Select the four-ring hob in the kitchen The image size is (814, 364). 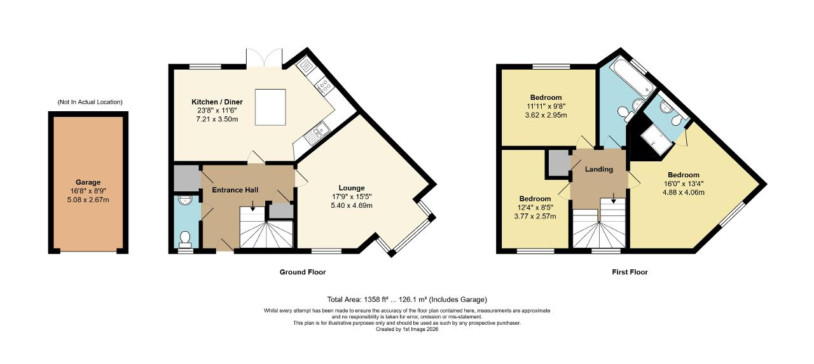pos(326,85)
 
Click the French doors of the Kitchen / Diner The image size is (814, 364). pos(265,58)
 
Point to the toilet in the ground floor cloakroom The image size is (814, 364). pos(185,239)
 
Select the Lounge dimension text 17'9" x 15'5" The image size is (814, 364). pos(352,197)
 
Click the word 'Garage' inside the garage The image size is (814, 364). pos(88,182)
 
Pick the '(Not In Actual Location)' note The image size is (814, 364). pos(90,102)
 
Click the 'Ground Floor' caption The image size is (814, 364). pos(303,272)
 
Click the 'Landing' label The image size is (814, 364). pos(599,169)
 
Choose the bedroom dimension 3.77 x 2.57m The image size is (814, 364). pos(534,216)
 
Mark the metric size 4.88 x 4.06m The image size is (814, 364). pos(683,193)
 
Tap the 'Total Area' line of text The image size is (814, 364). pos(406,299)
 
